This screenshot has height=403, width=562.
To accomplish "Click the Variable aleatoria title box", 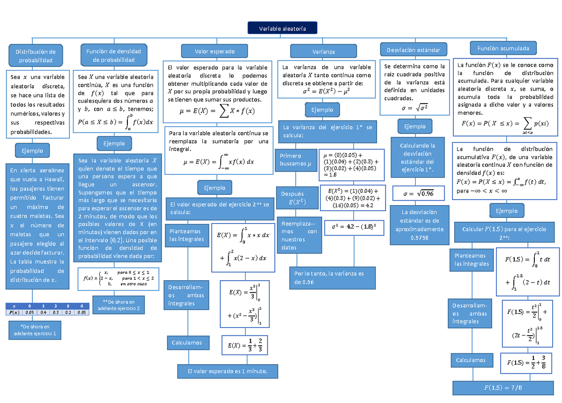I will (x=282, y=29).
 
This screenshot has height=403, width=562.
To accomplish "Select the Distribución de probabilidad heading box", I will (x=36, y=56).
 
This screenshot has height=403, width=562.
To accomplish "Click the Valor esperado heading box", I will (x=214, y=51).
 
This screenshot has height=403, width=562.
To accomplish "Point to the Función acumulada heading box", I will (x=503, y=48).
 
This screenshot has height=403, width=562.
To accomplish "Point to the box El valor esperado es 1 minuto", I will (x=227, y=371).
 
